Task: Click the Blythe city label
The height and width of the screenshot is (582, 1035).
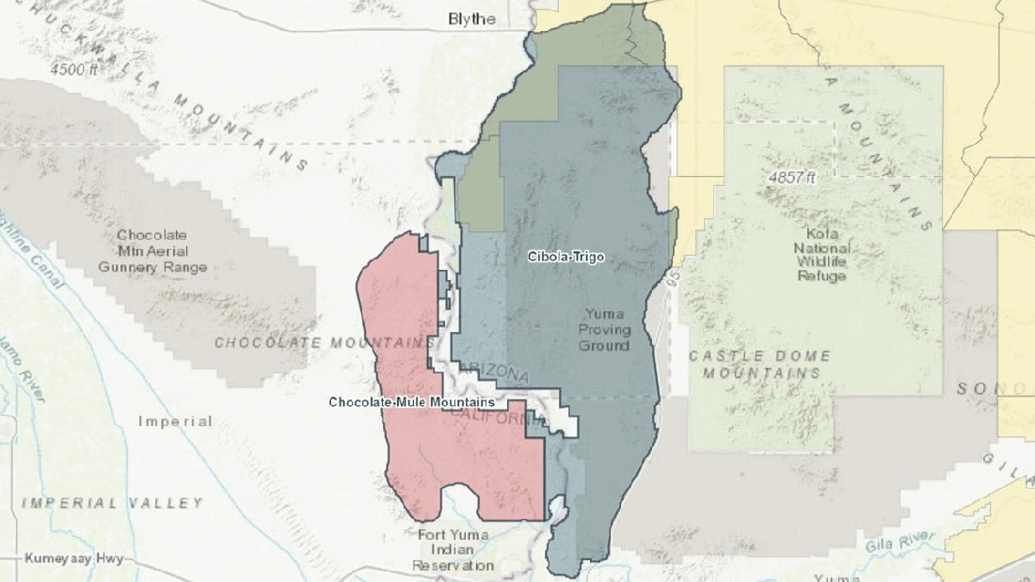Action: [x=471, y=19]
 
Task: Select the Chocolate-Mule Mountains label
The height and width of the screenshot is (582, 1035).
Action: [x=412, y=401]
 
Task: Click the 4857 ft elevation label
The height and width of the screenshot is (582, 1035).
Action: [x=789, y=177]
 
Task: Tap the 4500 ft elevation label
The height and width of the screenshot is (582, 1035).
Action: [x=75, y=70]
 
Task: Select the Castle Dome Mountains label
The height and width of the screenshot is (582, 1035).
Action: [x=760, y=364]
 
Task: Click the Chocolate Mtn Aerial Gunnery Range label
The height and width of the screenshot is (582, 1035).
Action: [x=152, y=251]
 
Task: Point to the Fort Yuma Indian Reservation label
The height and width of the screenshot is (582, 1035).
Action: [x=453, y=550]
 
